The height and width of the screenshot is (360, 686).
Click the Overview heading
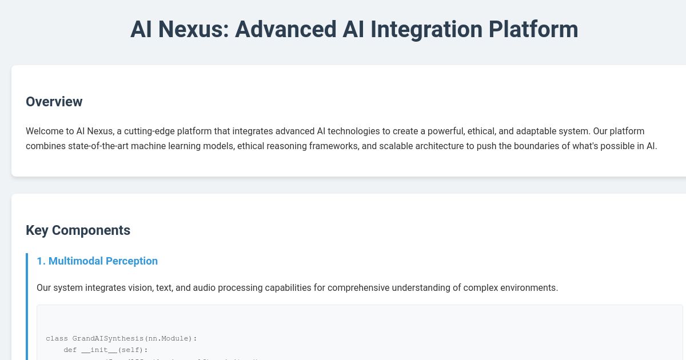click(54, 102)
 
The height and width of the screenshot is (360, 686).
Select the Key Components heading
click(78, 230)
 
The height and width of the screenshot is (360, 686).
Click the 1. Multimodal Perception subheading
click(97, 261)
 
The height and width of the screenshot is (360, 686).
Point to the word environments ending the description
click(529, 287)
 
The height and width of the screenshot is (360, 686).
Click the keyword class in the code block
click(57, 338)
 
